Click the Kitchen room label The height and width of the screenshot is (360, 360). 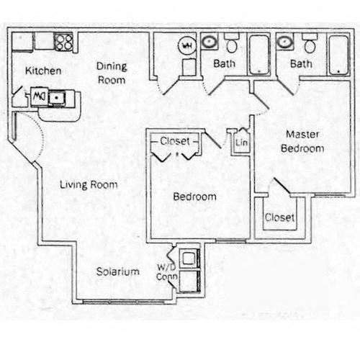[43, 71]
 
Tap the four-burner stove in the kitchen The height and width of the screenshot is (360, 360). [63, 42]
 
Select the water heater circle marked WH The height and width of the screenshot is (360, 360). [187, 45]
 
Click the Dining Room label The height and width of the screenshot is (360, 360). [112, 73]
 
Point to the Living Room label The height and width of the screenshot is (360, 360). [89, 185]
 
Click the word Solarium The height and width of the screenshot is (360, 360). [118, 271]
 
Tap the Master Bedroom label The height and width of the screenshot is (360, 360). [302, 141]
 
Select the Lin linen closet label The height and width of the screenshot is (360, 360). [241, 143]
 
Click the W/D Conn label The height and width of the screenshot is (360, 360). [166, 272]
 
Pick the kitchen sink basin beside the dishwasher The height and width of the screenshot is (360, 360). [56, 98]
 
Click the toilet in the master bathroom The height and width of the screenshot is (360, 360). [310, 44]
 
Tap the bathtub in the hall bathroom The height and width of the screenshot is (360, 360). [258, 55]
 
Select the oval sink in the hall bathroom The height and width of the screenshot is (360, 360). [210, 42]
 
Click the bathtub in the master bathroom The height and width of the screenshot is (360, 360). [338, 55]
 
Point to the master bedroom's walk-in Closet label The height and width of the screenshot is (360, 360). [279, 217]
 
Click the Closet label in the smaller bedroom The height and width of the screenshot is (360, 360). [175, 141]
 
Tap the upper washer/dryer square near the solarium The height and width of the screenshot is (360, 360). [189, 258]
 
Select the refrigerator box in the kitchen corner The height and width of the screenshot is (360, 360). [22, 42]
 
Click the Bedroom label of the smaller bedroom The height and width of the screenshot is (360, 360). [194, 197]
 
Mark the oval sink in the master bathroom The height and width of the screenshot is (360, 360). [284, 42]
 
